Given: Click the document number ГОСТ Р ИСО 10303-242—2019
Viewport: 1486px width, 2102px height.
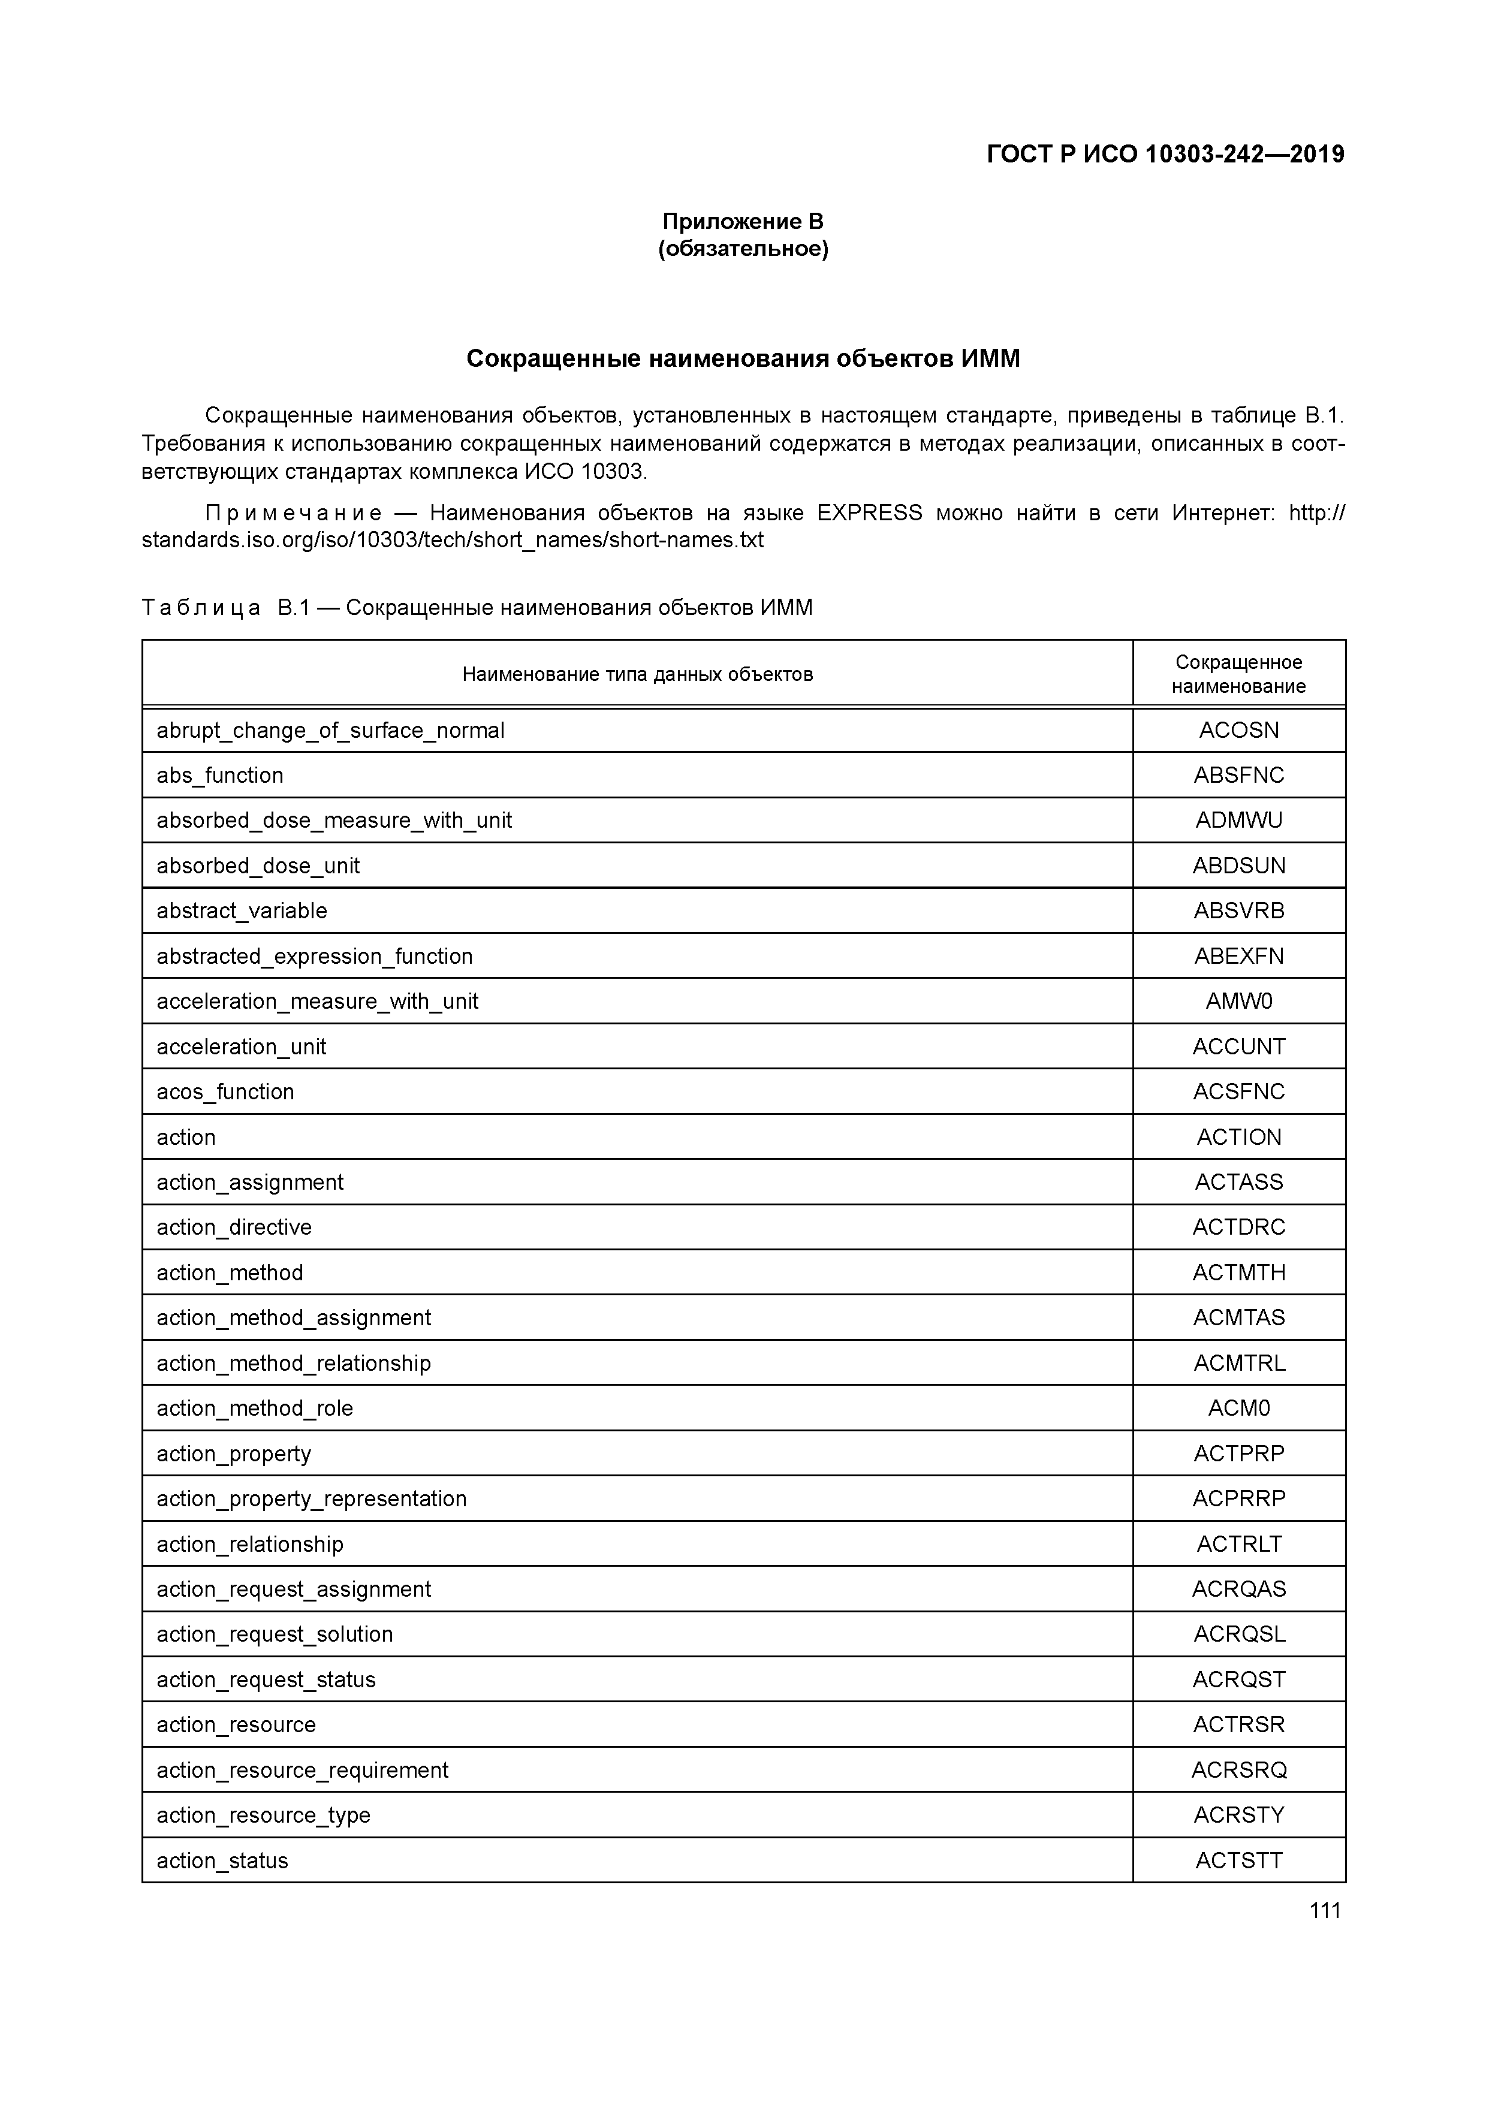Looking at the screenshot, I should [1165, 155].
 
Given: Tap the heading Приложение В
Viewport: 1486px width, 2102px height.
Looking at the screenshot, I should [743, 222].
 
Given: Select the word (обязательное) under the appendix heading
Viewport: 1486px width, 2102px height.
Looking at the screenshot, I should [743, 249].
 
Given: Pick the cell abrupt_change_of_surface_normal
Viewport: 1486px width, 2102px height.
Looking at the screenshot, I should [330, 731].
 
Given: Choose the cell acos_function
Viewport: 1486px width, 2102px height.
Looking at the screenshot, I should [225, 1092].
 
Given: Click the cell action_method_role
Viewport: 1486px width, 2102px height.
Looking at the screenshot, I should [255, 1408].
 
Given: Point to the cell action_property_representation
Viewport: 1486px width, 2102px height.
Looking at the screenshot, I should [311, 1498].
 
